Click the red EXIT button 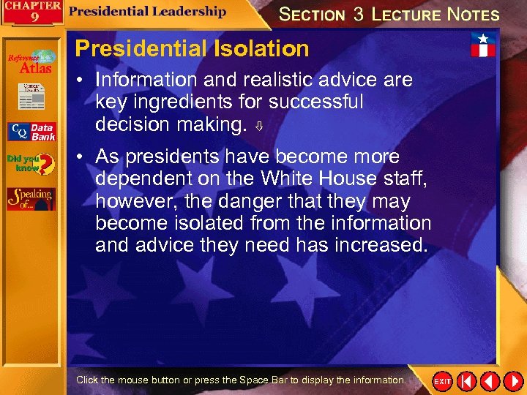[443, 381]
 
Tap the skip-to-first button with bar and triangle [466, 381]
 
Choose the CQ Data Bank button [31, 132]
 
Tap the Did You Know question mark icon [31, 164]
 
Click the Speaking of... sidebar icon [31, 198]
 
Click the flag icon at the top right [482, 45]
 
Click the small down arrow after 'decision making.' [258, 127]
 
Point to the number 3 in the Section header [358, 14]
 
